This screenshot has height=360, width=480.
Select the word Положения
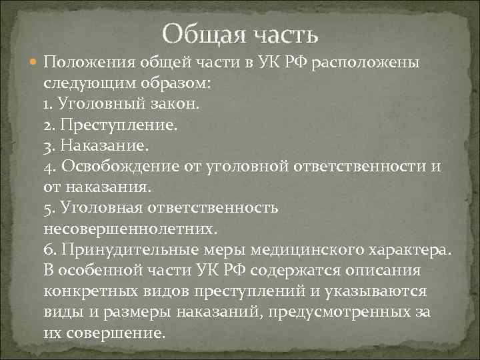tap(89, 63)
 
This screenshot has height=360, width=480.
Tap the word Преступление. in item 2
tap(117, 125)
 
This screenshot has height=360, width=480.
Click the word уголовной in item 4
tap(238, 166)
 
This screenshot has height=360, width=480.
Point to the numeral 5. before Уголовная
tap(49, 207)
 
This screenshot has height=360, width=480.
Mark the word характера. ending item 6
tap(411, 249)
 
